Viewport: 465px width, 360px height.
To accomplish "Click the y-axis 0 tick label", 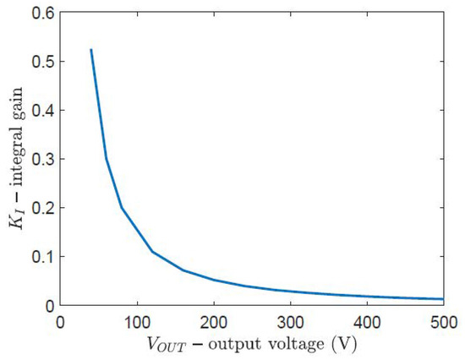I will (x=47, y=305).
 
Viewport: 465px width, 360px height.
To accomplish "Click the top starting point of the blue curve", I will (x=90, y=50).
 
